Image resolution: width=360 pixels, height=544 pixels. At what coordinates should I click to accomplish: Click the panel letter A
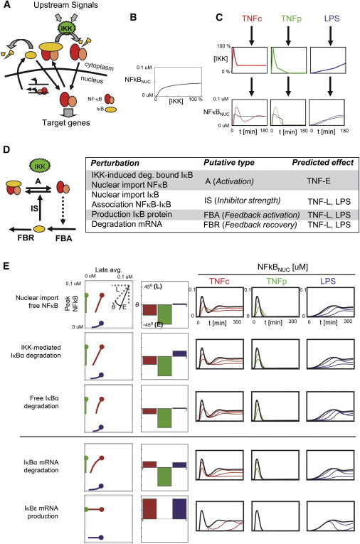(6, 6)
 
